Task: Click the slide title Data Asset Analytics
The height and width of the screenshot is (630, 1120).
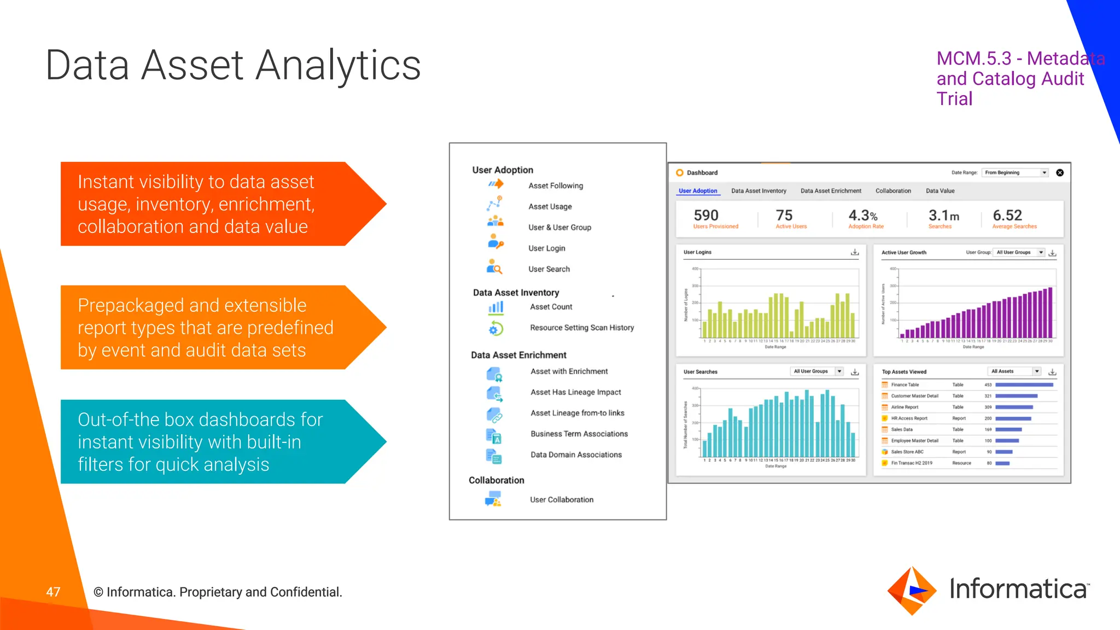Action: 233,66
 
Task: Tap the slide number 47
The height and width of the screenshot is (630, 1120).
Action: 53,592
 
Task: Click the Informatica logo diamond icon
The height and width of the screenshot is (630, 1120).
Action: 912,591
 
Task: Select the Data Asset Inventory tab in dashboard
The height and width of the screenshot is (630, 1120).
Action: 759,191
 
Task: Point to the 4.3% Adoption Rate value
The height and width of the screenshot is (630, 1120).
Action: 863,215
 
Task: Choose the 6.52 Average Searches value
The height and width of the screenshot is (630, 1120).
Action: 1007,215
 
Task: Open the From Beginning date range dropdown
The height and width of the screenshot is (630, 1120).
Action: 1015,173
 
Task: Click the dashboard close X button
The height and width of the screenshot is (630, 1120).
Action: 1060,173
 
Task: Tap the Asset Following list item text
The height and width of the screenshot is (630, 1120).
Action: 556,186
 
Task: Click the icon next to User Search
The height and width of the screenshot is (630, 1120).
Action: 494,267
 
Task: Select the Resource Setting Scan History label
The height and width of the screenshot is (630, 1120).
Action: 582,328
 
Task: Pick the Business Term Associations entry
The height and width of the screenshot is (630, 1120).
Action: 579,434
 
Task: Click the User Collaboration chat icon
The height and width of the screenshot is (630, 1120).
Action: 493,499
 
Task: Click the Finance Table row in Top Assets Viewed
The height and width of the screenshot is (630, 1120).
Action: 905,385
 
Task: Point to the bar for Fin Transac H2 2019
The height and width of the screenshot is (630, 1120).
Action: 1002,463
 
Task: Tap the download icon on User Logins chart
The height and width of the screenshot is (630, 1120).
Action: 855,252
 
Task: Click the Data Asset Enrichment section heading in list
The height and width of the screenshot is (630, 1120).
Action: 518,355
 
